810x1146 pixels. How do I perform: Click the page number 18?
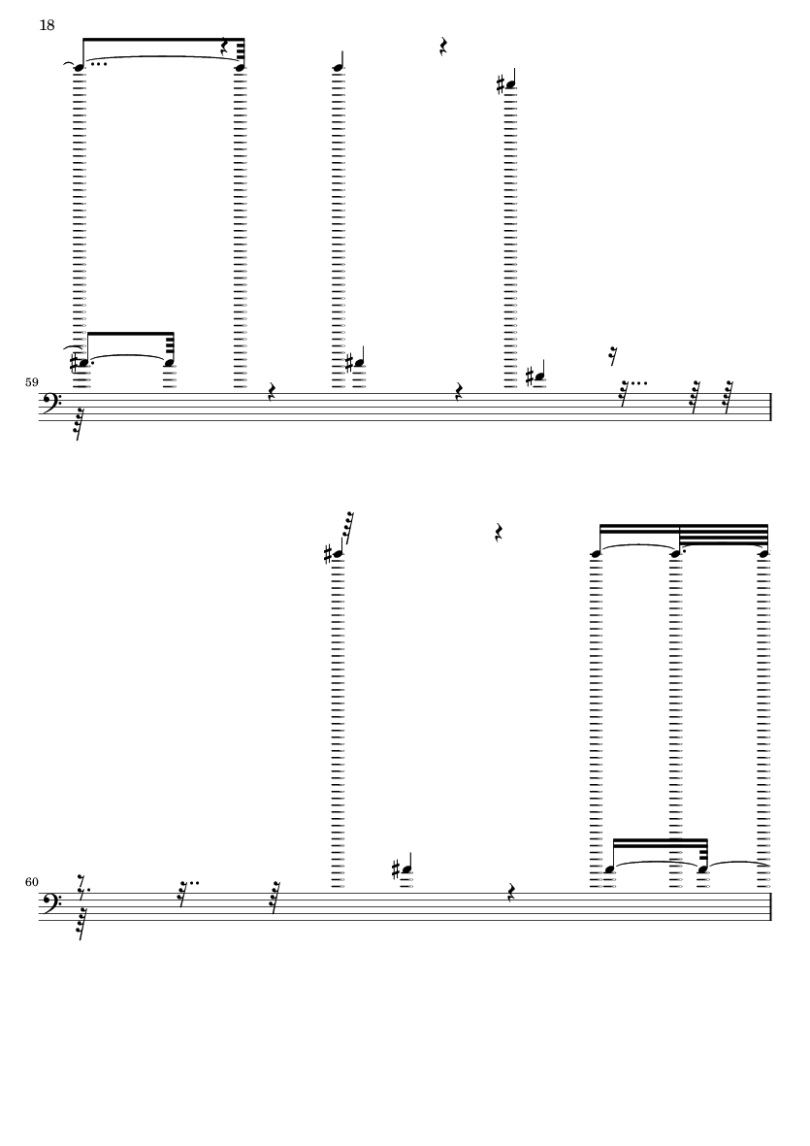pos(47,25)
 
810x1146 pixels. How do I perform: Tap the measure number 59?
pos(31,382)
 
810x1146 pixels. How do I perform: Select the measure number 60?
pos(31,882)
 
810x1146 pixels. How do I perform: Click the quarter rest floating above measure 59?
pos(442,47)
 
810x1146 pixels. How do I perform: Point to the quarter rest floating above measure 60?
pos(499,532)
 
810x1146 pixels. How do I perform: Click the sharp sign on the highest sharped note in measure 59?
pos(501,84)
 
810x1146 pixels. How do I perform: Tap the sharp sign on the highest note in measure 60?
pos(328,555)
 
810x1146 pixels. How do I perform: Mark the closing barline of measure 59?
pos(770,407)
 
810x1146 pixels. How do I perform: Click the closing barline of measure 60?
pos(770,906)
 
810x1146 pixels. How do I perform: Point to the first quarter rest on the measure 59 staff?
pos(271,392)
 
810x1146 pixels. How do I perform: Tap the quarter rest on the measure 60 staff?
pos(511,892)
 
